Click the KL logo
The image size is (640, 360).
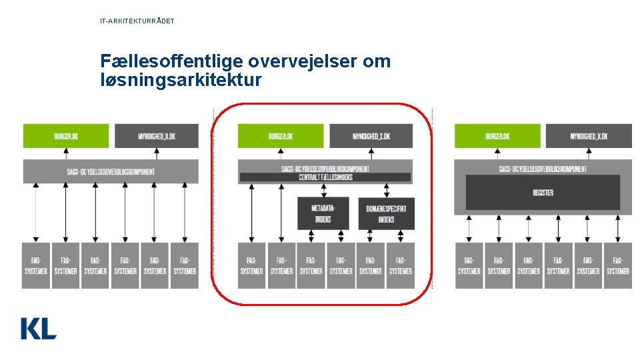tap(39, 328)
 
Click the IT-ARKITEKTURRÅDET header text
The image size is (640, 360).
tap(137, 21)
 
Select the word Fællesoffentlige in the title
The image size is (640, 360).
tap(171, 62)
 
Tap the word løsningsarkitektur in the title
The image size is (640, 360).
tap(181, 81)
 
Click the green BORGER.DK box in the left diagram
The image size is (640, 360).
tap(65, 136)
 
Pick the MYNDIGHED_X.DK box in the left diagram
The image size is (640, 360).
tap(157, 136)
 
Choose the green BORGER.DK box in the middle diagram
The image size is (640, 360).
tap(280, 136)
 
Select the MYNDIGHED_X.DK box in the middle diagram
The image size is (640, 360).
tap(371, 136)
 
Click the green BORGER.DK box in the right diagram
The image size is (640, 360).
tap(497, 136)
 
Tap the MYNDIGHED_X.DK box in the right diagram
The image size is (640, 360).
tap(589, 136)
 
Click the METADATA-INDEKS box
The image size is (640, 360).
tap(323, 213)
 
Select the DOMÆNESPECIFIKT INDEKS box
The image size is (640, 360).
tap(386, 213)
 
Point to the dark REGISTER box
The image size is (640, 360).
tap(543, 193)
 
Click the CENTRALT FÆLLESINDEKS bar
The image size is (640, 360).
tap(325, 177)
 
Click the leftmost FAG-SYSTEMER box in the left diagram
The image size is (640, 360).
tap(36, 265)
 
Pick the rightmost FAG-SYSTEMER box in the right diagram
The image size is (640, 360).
tap(618, 265)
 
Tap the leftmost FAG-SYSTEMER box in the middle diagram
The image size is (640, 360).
tap(251, 265)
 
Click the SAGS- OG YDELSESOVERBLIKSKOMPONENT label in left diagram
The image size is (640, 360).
tap(111, 171)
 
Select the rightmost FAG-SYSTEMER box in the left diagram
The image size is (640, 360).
tap(185, 265)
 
